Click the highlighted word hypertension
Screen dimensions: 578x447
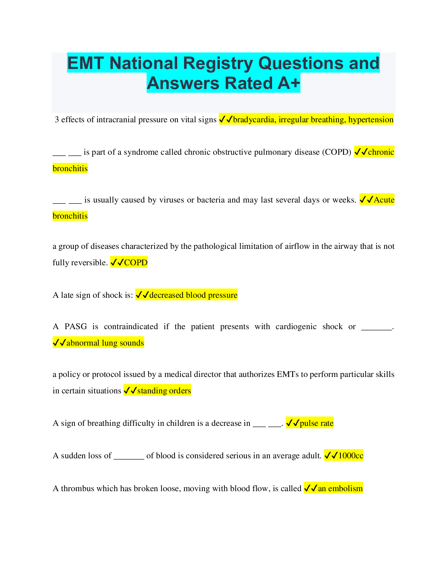click(371, 120)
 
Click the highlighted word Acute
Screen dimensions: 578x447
click(384, 200)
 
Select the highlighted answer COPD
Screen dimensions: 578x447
click(135, 263)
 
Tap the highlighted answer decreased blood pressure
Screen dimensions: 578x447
click(193, 295)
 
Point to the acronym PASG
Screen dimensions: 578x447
click(76, 327)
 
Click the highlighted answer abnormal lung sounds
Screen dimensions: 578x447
click(105, 343)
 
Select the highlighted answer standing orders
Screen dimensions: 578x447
click(164, 391)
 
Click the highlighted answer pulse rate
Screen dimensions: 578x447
click(316, 423)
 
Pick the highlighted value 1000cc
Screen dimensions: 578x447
click(351, 456)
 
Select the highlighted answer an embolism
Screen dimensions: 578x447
click(340, 489)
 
